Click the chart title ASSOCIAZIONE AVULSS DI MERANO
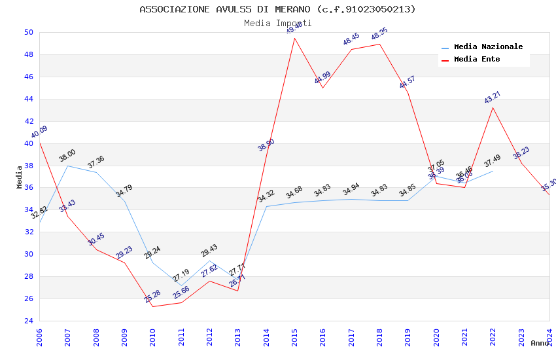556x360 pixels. coord(277,9)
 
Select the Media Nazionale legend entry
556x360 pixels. coord(488,47)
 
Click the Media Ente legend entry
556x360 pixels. coord(477,60)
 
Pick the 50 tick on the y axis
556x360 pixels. coord(28,32)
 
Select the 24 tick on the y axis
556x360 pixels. coord(28,321)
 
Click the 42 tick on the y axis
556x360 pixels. coord(28,121)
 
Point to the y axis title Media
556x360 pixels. coord(20,177)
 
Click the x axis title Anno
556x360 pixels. coord(540,343)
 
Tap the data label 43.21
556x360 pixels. coord(492,98)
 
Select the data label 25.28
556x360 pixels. coord(152,297)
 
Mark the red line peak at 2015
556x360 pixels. coord(294,38)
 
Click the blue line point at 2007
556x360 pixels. coord(67,166)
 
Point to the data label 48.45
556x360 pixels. coord(351,39)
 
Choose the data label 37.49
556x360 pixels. coord(492,161)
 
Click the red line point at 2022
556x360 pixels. coord(493,107)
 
